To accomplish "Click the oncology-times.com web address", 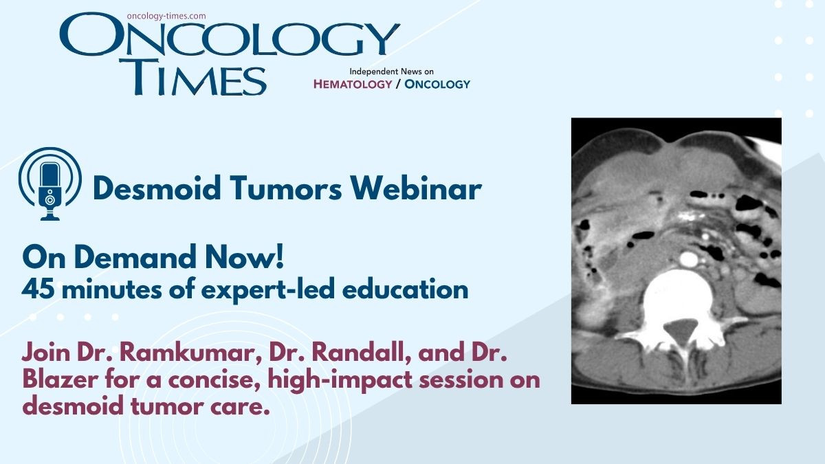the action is (x=166, y=16).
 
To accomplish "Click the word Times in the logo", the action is (x=192, y=77).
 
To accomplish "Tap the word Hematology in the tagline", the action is (x=353, y=85).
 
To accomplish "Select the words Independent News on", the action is (x=391, y=71).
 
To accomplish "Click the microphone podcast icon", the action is (x=50, y=184).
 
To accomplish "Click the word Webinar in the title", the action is (x=416, y=188).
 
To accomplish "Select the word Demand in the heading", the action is (x=135, y=257).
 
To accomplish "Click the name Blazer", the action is (x=60, y=379).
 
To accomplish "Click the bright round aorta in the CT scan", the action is (x=689, y=259).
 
